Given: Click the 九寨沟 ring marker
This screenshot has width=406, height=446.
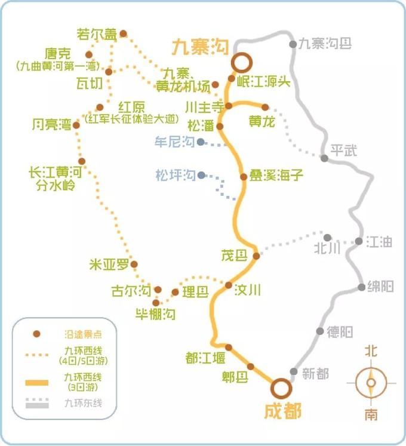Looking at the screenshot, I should coord(241,62).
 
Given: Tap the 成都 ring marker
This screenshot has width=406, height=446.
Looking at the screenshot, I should coord(280,388).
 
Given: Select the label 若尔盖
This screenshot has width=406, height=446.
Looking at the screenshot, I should coord(97,35).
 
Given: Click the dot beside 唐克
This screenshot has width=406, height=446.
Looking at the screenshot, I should coord(89,55).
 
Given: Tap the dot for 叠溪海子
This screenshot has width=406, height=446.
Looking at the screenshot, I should coord(244,177).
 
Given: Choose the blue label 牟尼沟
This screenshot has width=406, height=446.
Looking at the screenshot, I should coord(174,142).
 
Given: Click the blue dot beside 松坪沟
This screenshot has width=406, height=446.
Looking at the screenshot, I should coord(202,175).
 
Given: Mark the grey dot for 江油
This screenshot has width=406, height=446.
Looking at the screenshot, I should coord(359,241).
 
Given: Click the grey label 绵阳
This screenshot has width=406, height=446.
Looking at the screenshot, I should coord(380,287).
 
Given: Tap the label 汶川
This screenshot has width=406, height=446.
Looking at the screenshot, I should coord(248,290).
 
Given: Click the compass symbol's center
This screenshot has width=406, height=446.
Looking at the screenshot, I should coord(371,383).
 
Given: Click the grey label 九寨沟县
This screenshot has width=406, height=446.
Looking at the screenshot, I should coord(325,44).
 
